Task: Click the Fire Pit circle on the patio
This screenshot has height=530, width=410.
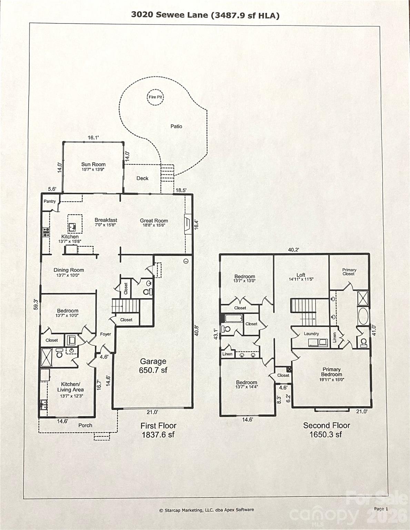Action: click(155, 97)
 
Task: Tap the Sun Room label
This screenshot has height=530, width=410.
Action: click(93, 165)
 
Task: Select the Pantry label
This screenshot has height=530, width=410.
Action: click(50, 202)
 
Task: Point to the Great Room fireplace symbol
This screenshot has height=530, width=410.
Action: click(188, 224)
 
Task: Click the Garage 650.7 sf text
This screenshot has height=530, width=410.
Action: click(153, 366)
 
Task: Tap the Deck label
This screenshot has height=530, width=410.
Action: click(142, 178)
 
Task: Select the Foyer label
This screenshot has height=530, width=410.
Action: click(106, 334)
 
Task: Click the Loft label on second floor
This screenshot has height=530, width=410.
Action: click(301, 275)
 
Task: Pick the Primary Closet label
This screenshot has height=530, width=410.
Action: click(349, 272)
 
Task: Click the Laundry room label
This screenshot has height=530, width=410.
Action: click(311, 334)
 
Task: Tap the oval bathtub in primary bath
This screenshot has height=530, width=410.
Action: click(363, 316)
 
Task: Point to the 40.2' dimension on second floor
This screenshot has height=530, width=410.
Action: click(293, 250)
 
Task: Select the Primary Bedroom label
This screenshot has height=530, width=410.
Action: click(331, 372)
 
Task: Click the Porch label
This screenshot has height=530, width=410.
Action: click(85, 425)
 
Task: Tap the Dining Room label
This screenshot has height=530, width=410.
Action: click(69, 270)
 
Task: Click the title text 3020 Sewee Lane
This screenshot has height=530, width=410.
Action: click(170, 14)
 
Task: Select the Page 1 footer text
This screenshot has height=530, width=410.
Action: click(381, 509)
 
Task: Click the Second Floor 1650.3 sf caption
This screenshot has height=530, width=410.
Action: click(326, 430)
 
